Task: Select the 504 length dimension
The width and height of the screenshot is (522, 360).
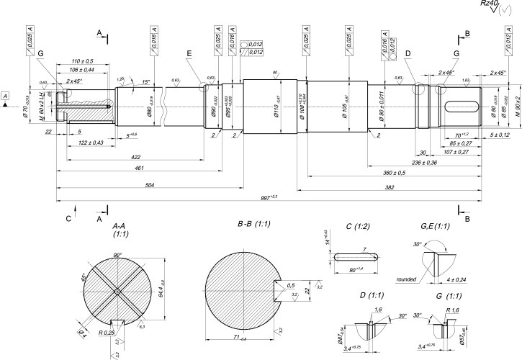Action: coord(149,184)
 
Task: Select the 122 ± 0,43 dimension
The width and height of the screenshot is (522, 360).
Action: coord(90,143)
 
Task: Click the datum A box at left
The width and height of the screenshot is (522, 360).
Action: coord(6,96)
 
